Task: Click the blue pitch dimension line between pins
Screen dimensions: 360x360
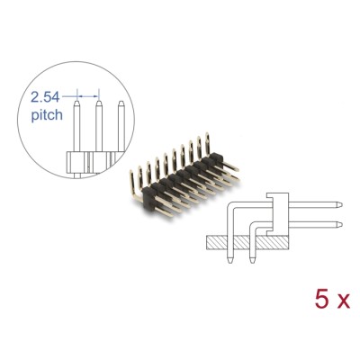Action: (x=87, y=93)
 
